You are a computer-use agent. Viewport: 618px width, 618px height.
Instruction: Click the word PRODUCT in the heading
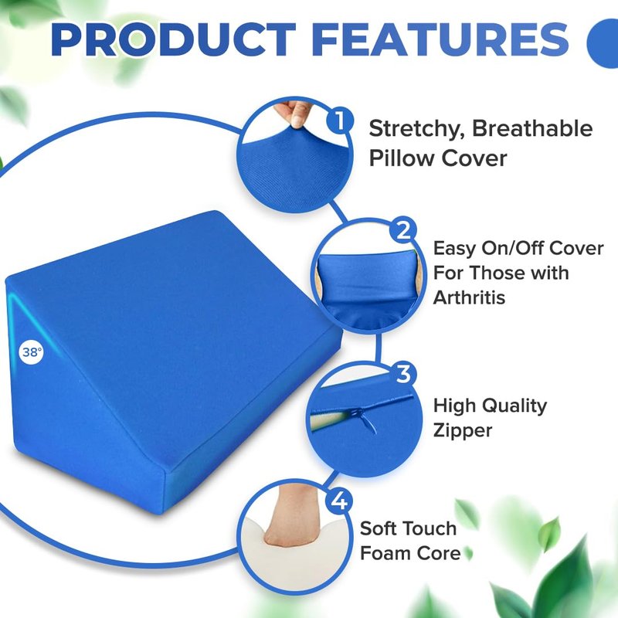click(173, 39)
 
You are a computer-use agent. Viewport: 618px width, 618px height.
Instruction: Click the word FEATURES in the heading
click(443, 39)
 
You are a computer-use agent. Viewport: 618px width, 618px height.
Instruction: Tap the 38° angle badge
click(31, 351)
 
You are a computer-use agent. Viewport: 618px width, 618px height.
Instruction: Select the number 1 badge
click(339, 120)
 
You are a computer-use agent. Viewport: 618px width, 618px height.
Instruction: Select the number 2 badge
click(402, 230)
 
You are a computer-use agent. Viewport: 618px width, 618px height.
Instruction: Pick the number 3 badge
click(402, 374)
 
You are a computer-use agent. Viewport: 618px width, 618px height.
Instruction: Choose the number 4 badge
click(338, 501)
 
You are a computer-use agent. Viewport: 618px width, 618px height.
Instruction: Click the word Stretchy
click(416, 129)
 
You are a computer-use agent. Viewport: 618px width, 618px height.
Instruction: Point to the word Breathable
click(532, 128)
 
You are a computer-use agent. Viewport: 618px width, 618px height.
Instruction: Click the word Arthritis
click(469, 297)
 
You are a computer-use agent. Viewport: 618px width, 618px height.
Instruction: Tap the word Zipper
click(463, 430)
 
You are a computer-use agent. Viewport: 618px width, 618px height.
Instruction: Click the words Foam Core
click(410, 553)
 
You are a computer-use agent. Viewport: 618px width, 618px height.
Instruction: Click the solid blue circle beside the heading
click(603, 42)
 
